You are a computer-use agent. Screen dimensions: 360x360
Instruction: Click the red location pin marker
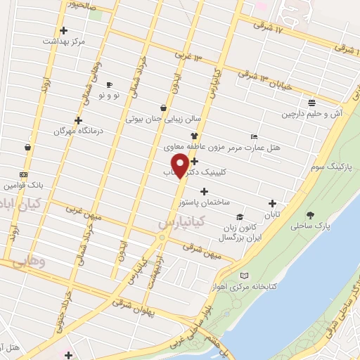[181, 165]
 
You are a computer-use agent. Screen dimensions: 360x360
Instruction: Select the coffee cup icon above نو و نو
[109, 84]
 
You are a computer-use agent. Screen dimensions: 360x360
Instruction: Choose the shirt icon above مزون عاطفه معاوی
[195, 136]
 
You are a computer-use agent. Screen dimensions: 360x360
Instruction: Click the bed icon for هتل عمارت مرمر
[254, 136]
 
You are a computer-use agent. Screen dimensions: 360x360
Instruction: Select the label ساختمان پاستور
[204, 202]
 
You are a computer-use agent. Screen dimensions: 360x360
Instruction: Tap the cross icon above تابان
[272, 204]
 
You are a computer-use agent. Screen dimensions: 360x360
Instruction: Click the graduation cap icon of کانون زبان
[239, 217]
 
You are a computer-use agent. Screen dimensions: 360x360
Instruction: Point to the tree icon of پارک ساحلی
[310, 214]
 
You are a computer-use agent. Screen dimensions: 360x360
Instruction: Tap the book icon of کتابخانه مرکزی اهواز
[244, 276]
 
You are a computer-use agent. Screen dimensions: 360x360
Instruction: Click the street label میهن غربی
[86, 212]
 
